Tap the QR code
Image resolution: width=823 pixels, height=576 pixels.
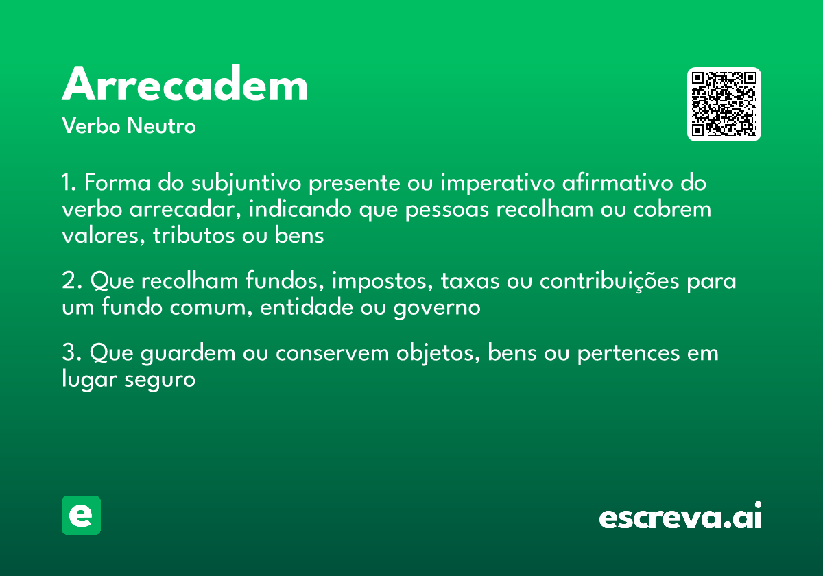[x=724, y=104]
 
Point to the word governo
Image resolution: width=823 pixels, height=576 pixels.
[x=437, y=308]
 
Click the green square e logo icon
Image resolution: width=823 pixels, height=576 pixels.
[x=81, y=515]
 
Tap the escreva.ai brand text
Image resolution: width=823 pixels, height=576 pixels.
[x=680, y=517]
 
